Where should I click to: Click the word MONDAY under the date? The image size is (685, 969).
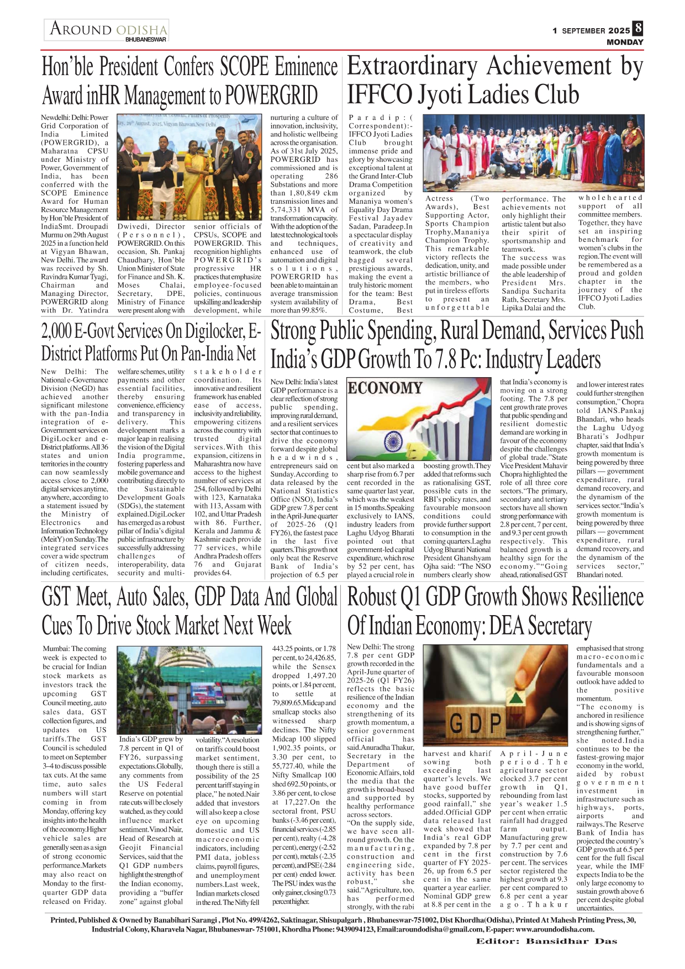tap(625, 43)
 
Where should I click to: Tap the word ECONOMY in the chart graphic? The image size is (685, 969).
tap(384, 388)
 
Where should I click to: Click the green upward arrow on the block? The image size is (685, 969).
tap(517, 698)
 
